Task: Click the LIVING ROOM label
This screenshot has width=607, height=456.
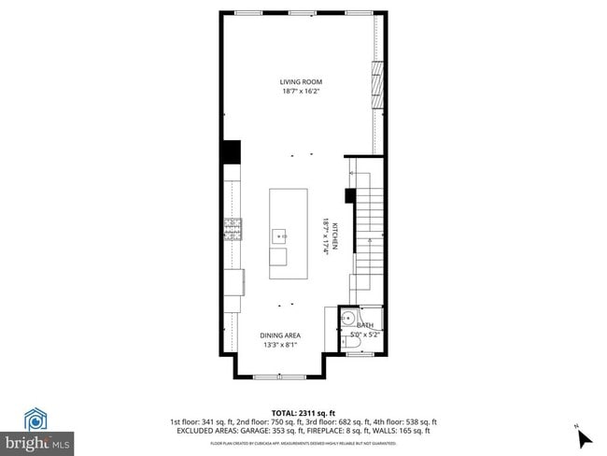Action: point(301,82)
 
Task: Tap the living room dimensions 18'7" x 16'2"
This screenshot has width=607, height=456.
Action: point(301,92)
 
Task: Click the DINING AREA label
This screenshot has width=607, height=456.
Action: point(279,335)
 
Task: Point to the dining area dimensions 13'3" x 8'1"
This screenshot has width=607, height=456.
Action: point(279,344)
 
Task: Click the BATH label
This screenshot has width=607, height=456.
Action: point(364,325)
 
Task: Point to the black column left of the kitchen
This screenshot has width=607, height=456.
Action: point(231,152)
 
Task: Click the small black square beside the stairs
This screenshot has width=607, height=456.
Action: point(349,195)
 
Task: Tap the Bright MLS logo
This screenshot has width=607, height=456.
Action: point(37,431)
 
